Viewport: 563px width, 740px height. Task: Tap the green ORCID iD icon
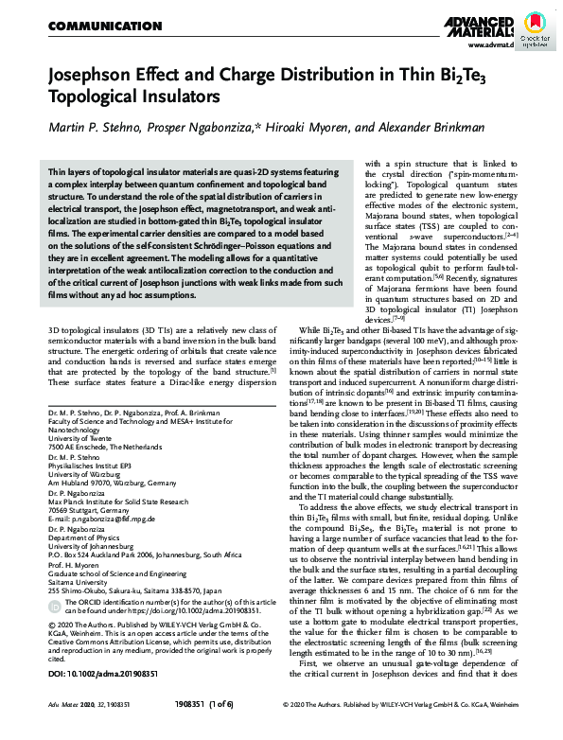pyautogui.click(x=52, y=617)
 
